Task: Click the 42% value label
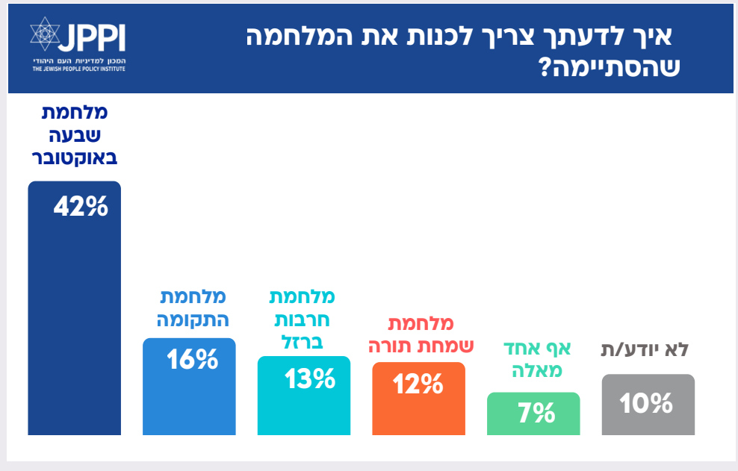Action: (81, 206)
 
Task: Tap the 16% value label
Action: (192, 361)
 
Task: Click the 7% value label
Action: (536, 412)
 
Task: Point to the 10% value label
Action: (646, 403)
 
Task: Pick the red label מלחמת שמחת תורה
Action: (421, 336)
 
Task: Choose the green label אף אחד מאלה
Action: (536, 358)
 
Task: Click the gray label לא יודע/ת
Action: (645, 349)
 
